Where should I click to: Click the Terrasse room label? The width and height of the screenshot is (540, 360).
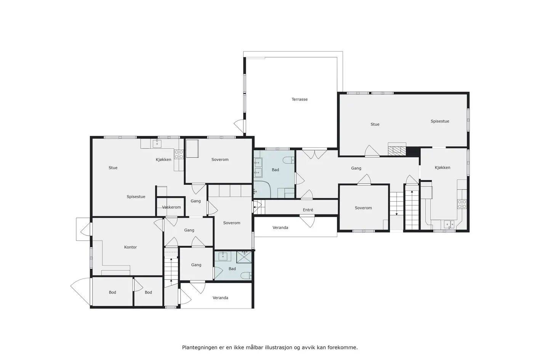pos(300,99)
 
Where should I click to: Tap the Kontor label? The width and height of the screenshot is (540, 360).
pos(130,247)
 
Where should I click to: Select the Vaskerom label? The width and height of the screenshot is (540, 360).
pos(171,207)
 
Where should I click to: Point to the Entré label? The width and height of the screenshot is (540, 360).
pos(308,210)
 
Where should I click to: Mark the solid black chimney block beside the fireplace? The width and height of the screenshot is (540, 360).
pos(413,152)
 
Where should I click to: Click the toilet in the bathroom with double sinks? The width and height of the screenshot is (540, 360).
pos(288,160)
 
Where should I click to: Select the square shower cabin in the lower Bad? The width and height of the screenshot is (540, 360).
pos(244,257)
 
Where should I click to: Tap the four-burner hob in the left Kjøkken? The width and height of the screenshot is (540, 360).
pos(179,154)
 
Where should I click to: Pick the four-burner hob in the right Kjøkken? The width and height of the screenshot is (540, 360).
pos(462,204)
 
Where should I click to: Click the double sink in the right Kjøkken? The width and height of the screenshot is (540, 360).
pos(449,224)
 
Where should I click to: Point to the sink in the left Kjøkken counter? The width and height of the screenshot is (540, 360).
pos(157,143)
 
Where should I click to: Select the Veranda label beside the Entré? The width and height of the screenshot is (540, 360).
pos(280,227)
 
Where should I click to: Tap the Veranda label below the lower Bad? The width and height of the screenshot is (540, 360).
pos(220,298)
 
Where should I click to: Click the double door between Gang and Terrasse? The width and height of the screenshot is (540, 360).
pos(315,154)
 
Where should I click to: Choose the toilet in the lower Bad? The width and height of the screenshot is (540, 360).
pos(246,275)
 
